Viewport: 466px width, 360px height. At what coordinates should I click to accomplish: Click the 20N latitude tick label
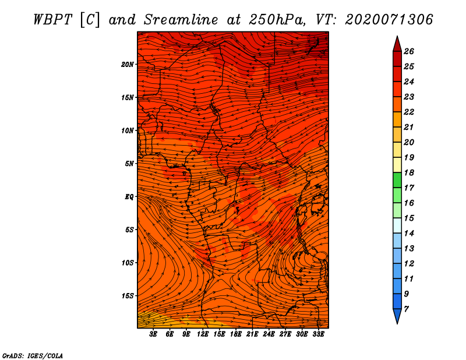coord(128,65)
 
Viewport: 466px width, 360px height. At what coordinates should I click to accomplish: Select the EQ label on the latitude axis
coord(129,197)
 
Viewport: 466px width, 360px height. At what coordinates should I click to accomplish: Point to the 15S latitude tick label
coord(128,296)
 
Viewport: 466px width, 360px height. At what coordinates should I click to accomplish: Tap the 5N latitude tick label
coord(129,164)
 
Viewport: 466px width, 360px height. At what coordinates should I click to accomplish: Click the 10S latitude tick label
coord(128,263)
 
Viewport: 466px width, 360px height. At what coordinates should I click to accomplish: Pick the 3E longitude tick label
coord(153,334)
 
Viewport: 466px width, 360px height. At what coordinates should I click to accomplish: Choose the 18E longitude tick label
coord(236,334)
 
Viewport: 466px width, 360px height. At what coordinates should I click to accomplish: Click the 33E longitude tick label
coord(318,334)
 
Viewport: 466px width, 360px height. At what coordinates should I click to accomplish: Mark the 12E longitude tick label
coord(203,334)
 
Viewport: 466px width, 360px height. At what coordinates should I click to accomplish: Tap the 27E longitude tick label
coord(285,334)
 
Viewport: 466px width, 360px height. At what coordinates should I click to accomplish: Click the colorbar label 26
coord(409,51)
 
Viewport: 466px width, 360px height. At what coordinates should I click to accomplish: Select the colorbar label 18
coord(409,172)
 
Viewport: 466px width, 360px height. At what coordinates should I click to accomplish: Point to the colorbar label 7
coord(406,309)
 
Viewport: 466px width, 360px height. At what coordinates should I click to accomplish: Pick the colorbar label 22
coord(409,112)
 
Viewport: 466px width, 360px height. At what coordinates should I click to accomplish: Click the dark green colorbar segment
coord(397,180)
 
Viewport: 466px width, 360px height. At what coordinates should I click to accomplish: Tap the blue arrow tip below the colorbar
coord(397,324)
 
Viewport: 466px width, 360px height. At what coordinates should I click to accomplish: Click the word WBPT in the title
coord(52,20)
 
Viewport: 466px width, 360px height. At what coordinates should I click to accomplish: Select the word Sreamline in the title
coord(181,20)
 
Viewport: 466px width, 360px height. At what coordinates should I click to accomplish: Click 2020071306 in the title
coord(389,20)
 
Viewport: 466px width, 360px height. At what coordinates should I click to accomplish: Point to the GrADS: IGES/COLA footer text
coord(33,355)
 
